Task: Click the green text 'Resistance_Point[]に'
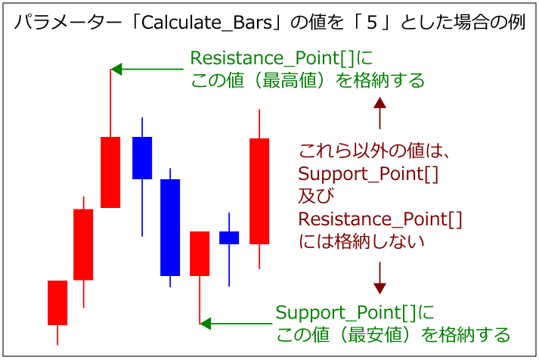281,58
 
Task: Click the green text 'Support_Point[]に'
355,312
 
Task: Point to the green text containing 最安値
392,334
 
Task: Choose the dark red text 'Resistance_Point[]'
380,219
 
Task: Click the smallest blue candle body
229,237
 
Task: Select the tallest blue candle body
170,227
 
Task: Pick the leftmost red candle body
57,303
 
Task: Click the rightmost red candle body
259,191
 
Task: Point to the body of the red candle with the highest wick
110,172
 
